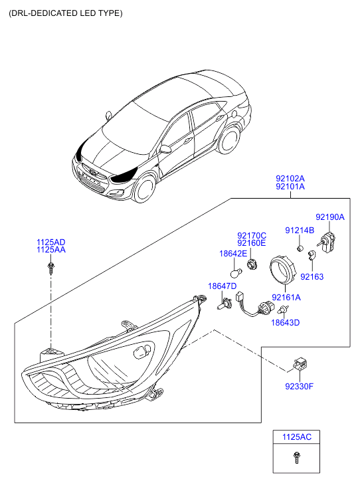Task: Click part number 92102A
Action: tap(290, 178)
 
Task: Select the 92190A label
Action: tap(330, 217)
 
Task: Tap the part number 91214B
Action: tap(300, 231)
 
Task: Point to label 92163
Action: tap(312, 276)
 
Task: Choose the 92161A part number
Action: tap(286, 297)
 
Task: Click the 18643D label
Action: tap(285, 322)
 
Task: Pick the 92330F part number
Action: tap(300, 386)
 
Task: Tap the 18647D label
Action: tap(223, 286)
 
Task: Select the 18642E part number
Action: tap(233, 254)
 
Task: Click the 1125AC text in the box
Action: tap(297, 437)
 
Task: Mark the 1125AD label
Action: tap(51, 242)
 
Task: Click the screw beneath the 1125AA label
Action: tap(50, 268)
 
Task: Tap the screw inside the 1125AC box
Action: tap(297, 458)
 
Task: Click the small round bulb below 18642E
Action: tap(236, 272)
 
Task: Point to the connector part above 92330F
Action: tap(300, 364)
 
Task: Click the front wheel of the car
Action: tap(145, 189)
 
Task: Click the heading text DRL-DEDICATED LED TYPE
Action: tap(66, 13)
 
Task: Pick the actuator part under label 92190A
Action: tap(327, 242)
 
